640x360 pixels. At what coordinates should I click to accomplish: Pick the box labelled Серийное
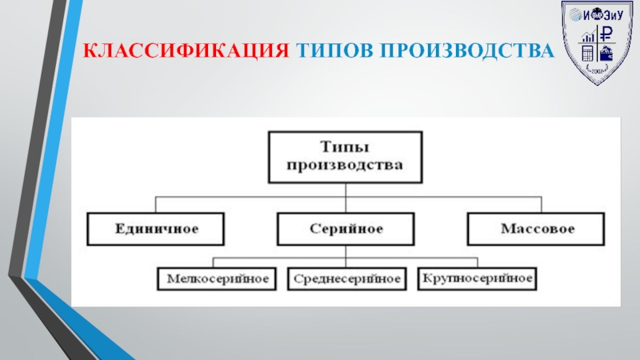click(345, 229)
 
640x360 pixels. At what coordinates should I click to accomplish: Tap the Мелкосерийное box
click(217, 279)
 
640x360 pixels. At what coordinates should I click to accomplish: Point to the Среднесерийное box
click(346, 279)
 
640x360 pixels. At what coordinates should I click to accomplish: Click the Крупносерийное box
click(477, 279)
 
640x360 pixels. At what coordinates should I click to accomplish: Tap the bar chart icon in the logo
click(590, 36)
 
